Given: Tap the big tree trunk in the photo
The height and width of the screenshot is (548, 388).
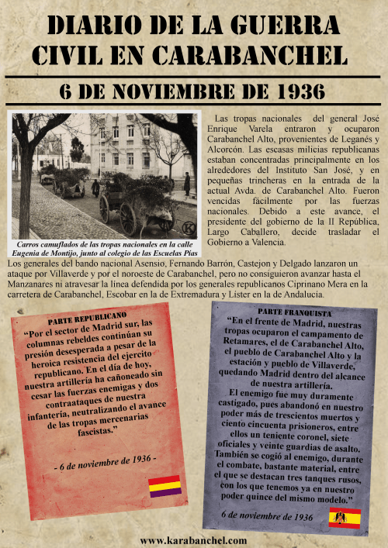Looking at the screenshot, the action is pos(26,186).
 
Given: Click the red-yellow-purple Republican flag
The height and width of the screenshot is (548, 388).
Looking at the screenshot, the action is pos(165,486).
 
